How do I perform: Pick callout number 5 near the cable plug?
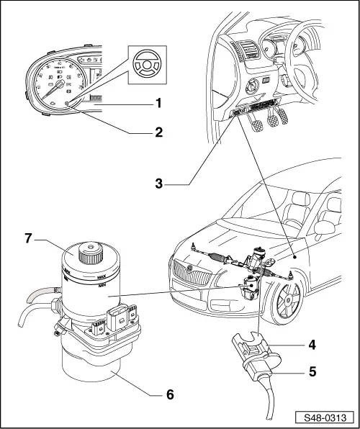pyautogui.click(x=311, y=373)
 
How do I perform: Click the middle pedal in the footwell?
pyautogui.click(x=274, y=119)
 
